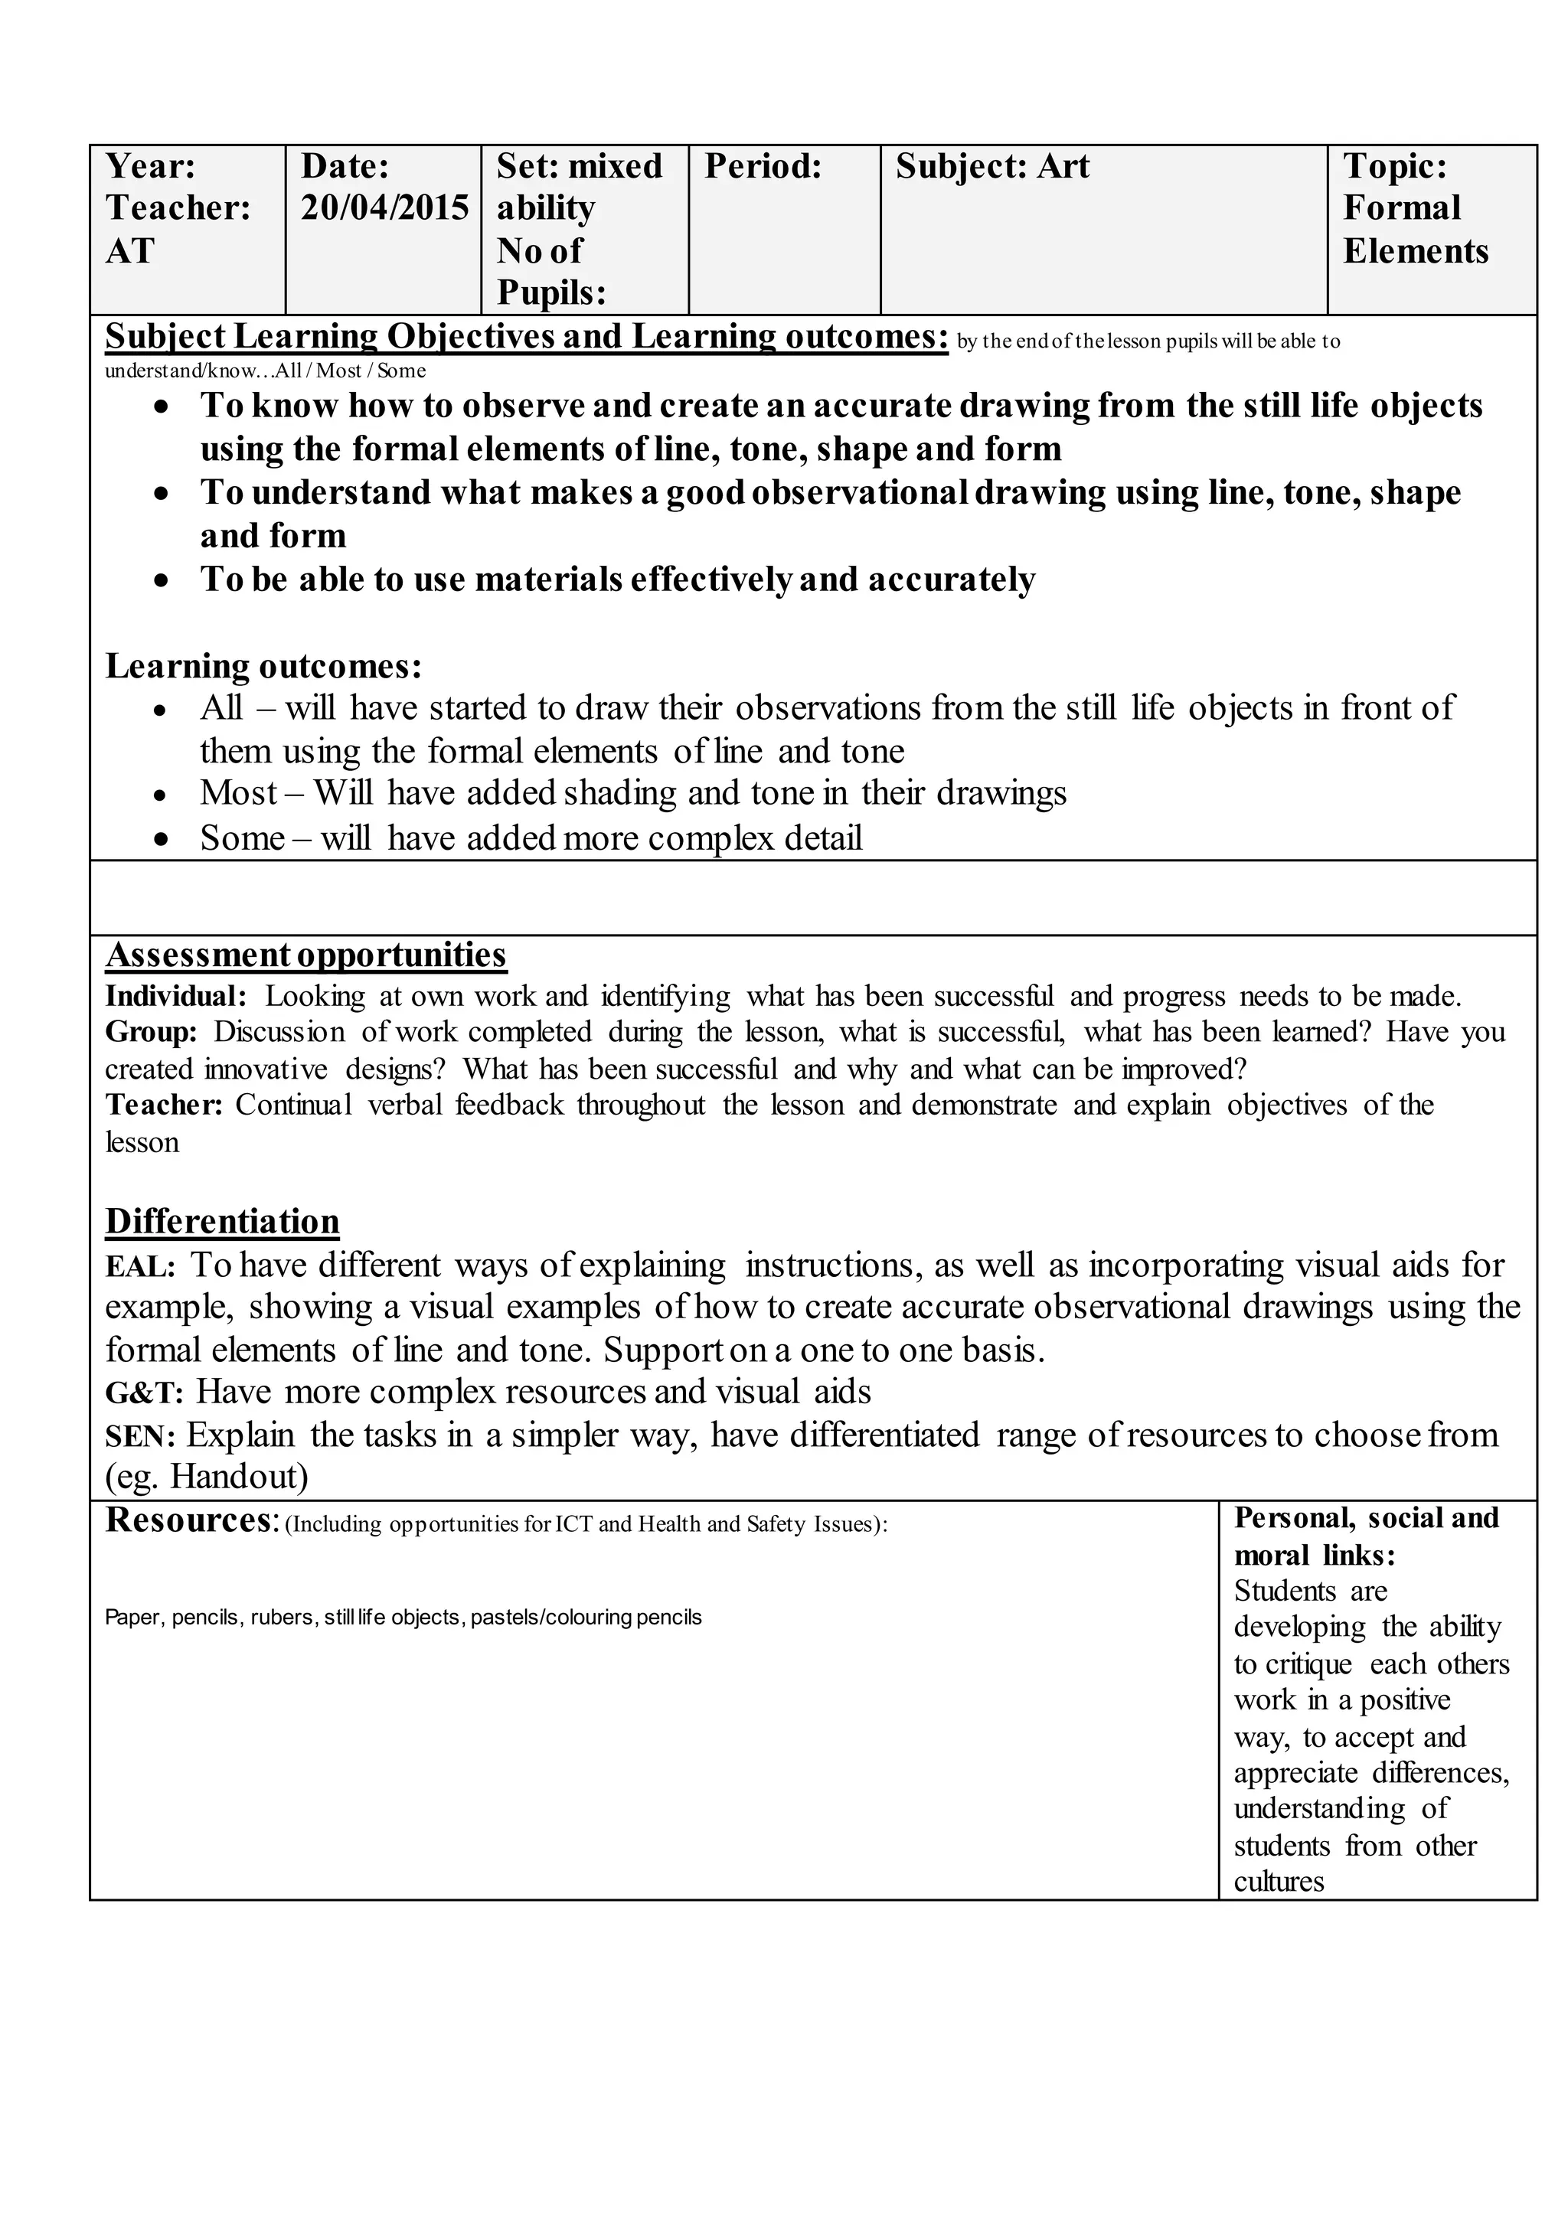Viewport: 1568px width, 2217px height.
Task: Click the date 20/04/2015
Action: point(384,208)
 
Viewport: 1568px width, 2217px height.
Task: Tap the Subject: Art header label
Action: point(991,166)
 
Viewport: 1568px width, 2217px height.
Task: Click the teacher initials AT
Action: point(129,251)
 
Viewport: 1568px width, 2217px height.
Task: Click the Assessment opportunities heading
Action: point(305,954)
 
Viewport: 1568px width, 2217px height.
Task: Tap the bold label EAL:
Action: point(140,1267)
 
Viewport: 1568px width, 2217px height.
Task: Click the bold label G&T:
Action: point(144,1393)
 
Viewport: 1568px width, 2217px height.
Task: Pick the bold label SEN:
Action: point(140,1437)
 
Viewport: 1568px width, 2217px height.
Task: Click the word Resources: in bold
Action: point(192,1520)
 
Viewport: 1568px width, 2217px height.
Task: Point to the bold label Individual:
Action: point(176,995)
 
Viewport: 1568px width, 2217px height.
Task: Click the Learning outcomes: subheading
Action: point(263,666)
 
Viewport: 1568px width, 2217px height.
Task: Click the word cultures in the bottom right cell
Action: point(1279,1882)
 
